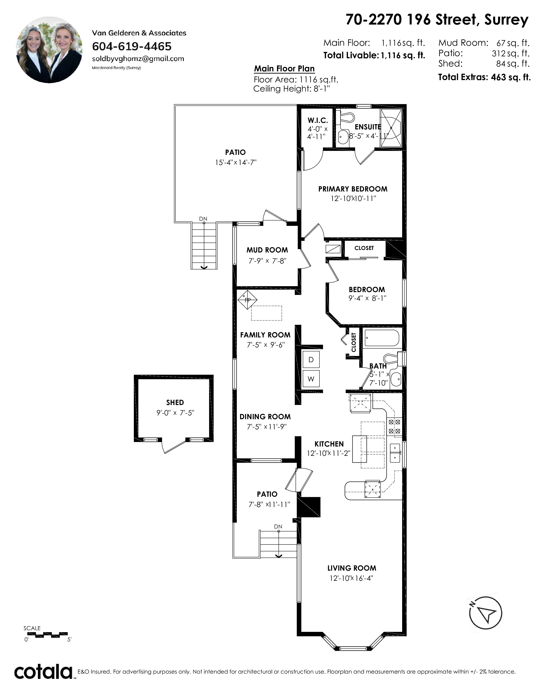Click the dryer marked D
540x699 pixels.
(x=311, y=359)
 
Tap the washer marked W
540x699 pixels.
(x=311, y=379)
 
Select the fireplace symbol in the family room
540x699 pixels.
(x=247, y=300)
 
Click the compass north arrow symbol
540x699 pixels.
(x=485, y=613)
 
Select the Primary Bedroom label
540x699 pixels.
(x=353, y=189)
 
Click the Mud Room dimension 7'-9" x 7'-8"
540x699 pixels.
(x=267, y=261)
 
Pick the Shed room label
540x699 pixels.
(x=175, y=403)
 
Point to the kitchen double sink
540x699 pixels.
(x=395, y=453)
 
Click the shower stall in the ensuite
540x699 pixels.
(x=391, y=128)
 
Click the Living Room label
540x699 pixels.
(x=352, y=568)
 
